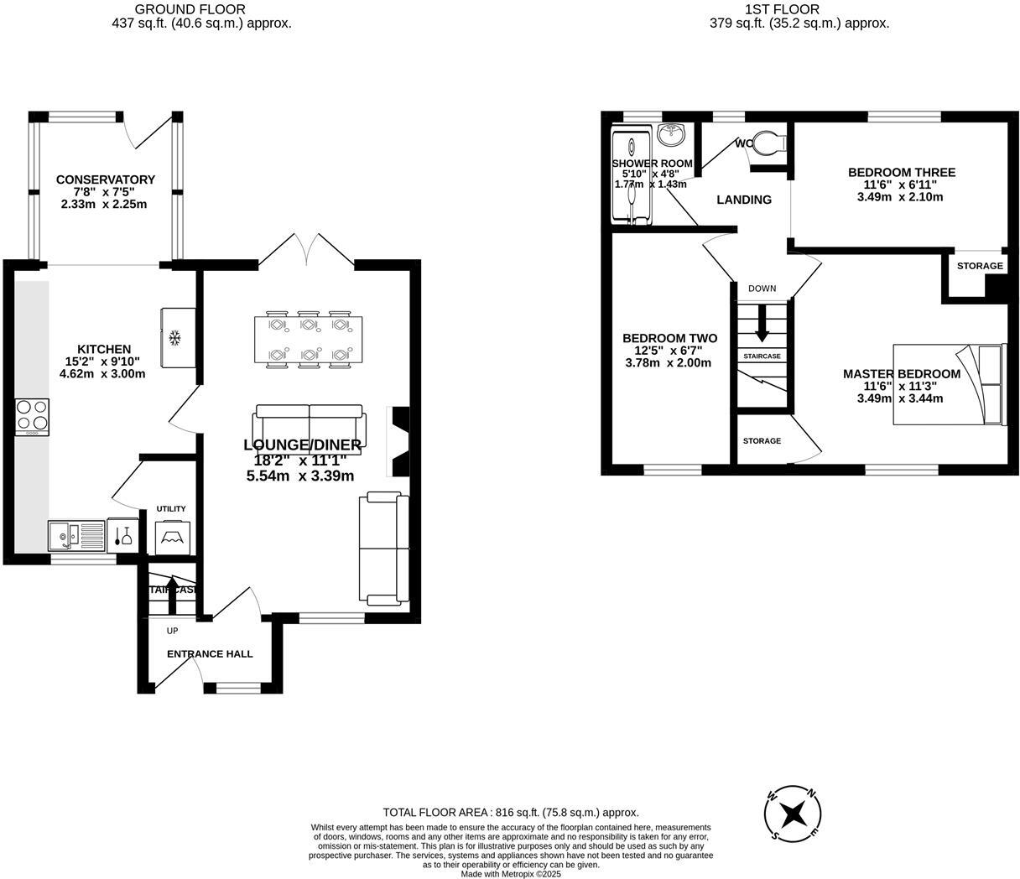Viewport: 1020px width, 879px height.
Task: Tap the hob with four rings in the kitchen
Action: click(32, 417)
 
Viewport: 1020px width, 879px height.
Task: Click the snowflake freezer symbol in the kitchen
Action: click(175, 338)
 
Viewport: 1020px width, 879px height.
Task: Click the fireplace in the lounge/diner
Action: click(398, 441)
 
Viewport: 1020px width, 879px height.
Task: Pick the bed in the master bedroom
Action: click(949, 385)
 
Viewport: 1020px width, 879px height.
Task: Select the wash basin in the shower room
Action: click(670, 135)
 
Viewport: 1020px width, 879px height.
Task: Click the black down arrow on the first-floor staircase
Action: click(762, 324)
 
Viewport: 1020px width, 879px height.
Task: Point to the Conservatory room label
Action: click(106, 179)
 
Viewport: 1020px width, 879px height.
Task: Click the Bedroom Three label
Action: click(901, 173)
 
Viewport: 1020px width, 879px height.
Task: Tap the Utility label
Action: click(171, 509)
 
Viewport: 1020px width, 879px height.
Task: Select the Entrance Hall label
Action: click(210, 654)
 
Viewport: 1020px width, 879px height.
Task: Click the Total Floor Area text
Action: click(510, 812)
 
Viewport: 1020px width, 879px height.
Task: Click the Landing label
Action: click(744, 200)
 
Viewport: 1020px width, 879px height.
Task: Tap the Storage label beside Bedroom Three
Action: click(979, 266)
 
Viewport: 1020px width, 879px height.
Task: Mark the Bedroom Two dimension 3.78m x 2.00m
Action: click(668, 363)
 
